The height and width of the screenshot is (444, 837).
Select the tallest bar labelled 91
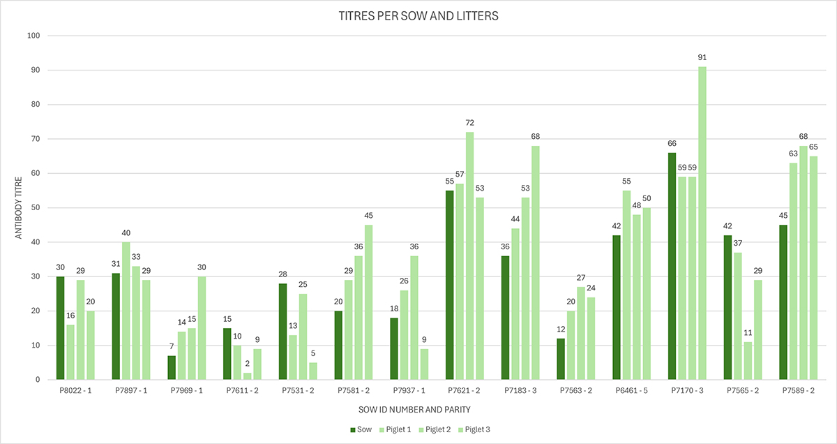click(702, 223)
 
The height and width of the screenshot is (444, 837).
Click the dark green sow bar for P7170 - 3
click(672, 266)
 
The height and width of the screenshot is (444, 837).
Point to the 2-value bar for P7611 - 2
click(248, 376)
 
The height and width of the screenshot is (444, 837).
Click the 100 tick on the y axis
click(33, 36)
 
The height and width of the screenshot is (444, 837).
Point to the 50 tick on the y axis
click(35, 208)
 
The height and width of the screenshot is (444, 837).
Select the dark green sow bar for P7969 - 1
click(172, 368)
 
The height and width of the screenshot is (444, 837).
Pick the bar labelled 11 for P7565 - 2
click(748, 361)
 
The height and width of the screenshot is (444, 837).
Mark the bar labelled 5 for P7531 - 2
click(313, 371)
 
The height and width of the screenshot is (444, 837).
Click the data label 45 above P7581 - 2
click(368, 215)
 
